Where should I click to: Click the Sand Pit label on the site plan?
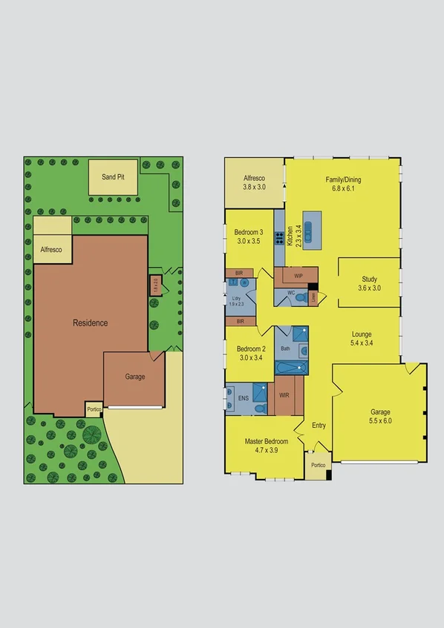click(x=113, y=178)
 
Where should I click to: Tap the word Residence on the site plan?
click(x=90, y=323)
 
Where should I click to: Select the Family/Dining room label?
click(x=344, y=183)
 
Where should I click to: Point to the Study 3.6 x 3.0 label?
click(x=369, y=283)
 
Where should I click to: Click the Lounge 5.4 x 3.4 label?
click(x=362, y=339)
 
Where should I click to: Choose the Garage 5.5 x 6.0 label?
click(x=380, y=416)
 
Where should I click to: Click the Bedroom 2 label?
click(x=251, y=353)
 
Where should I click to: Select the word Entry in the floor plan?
click(x=319, y=425)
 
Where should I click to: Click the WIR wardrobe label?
click(x=284, y=396)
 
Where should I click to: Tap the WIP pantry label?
click(x=298, y=276)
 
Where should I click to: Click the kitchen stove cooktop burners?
click(x=280, y=238)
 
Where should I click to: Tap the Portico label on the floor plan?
click(x=318, y=465)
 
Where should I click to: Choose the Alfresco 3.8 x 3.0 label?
click(x=255, y=182)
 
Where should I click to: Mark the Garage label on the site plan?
click(x=134, y=377)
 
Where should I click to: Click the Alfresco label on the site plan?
click(x=51, y=251)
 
